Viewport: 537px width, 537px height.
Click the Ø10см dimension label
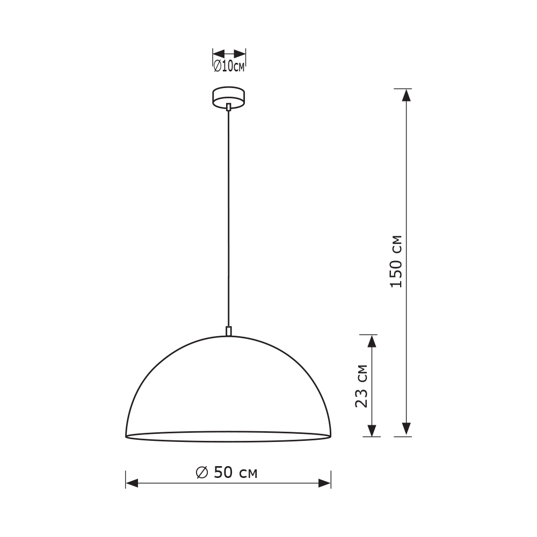229,67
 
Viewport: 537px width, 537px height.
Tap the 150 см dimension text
396,262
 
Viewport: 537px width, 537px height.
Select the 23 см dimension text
362,386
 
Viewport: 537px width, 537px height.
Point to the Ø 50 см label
227,473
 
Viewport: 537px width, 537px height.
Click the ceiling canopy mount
229,97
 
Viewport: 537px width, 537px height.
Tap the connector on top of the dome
229,331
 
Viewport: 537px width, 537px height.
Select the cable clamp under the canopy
229,107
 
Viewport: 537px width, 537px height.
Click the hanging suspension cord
229,215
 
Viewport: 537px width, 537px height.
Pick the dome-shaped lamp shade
228,392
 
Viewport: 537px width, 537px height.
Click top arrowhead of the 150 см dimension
407,95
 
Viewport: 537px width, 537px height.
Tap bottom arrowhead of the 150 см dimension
407,429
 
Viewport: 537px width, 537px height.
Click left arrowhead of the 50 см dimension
132,483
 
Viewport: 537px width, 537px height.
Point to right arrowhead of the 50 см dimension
324,483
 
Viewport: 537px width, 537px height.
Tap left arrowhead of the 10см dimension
218,54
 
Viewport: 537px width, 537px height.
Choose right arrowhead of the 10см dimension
241,54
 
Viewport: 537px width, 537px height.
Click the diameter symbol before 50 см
202,473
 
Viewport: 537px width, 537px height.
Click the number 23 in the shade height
362,397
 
